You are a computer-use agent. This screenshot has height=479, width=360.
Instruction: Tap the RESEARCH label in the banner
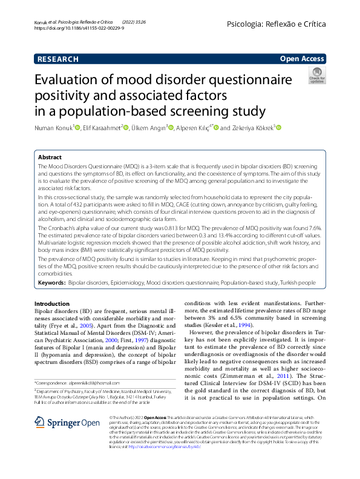[57, 59]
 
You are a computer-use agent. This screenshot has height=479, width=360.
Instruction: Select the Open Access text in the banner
[303, 59]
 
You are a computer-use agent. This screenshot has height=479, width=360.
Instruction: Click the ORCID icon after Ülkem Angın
[171, 128]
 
